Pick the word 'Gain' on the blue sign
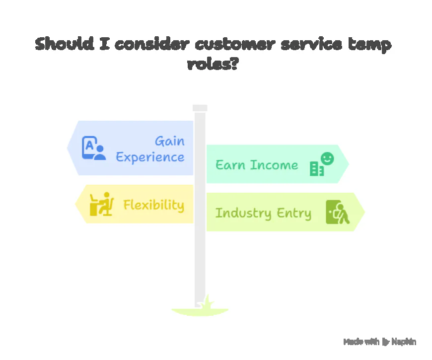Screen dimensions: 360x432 click(169, 141)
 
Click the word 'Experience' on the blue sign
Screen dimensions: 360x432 click(150, 157)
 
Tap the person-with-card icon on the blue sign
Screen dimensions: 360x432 click(93, 148)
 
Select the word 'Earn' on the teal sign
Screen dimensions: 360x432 click(230, 165)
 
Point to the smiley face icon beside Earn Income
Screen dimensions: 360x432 click(327, 158)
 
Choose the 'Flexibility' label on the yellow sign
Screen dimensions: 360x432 click(153, 205)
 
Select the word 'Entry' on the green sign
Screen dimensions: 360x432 click(295, 214)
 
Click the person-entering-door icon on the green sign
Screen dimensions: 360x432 click(338, 212)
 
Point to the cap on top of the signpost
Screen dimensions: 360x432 click(200, 108)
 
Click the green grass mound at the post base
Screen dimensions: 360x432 click(200, 310)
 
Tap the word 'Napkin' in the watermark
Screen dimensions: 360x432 click(404, 342)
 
